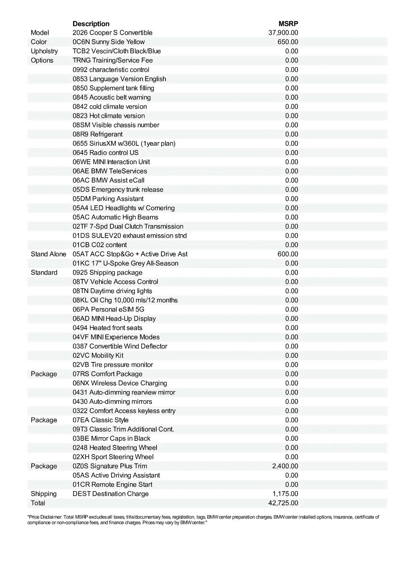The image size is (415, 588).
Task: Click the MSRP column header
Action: (x=288, y=24)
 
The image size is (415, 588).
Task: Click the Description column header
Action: (x=91, y=24)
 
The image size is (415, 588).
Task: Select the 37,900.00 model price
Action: (x=283, y=33)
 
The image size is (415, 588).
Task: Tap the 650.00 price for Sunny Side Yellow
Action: (x=288, y=42)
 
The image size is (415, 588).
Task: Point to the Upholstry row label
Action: (x=44, y=51)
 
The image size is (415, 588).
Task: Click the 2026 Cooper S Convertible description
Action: (x=113, y=33)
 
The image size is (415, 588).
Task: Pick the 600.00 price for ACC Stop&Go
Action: (x=288, y=254)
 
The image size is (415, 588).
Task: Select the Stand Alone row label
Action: (x=48, y=254)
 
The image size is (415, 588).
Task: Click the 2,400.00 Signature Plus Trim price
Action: (x=285, y=466)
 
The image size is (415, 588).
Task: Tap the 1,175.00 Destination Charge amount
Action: (x=285, y=494)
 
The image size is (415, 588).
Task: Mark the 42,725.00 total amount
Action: (x=283, y=503)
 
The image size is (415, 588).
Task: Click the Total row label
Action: (x=38, y=503)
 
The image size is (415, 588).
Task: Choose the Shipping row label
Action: (x=44, y=494)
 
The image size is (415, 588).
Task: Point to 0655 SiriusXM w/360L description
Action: (x=124, y=143)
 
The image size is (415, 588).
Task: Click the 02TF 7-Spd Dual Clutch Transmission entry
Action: (x=128, y=226)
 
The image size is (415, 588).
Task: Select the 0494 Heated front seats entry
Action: (x=107, y=328)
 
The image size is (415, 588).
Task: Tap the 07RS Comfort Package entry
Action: (x=107, y=374)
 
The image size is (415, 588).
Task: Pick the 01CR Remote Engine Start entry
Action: (x=112, y=484)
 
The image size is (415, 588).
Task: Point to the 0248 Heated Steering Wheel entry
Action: (x=115, y=448)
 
